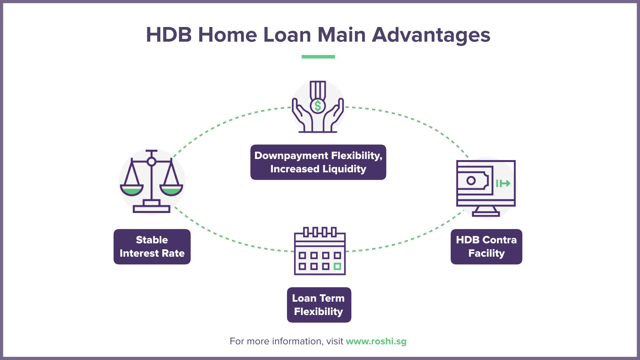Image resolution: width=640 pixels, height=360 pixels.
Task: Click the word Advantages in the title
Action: [431, 35]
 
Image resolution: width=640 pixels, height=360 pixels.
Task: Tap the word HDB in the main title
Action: [169, 35]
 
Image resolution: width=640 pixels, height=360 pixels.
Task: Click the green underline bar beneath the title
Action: [318, 57]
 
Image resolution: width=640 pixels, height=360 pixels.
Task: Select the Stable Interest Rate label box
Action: [152, 247]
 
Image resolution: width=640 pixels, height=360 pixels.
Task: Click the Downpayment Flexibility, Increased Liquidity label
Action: [318, 162]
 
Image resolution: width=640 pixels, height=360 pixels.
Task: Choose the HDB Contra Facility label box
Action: [486, 247]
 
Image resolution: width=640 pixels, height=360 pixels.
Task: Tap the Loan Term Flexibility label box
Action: [319, 305]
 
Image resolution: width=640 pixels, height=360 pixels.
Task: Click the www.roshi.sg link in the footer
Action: [376, 341]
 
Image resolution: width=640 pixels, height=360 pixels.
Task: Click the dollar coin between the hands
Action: [318, 106]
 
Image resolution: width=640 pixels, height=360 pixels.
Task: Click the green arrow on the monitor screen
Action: [503, 183]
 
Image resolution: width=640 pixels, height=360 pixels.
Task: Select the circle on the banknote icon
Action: [471, 181]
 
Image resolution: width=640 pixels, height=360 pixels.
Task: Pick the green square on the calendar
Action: [337, 266]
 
